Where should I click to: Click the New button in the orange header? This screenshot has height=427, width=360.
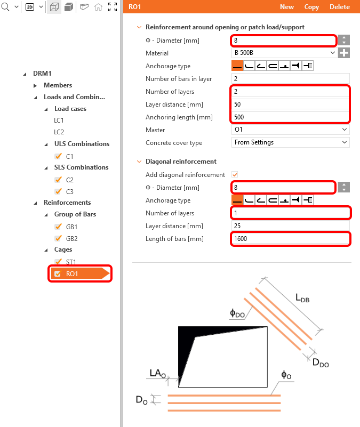(286, 7)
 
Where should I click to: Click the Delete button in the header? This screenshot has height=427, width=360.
(340, 7)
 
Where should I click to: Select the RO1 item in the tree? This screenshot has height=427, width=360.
(71, 274)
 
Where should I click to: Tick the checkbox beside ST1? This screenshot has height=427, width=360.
(58, 262)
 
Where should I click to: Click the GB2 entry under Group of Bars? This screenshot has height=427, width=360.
(71, 238)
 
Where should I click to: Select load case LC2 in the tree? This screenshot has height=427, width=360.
(59, 132)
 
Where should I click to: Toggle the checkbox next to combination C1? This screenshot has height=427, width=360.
(58, 156)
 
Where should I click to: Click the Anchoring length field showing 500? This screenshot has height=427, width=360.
(290, 117)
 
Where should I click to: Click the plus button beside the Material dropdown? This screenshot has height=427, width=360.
(345, 53)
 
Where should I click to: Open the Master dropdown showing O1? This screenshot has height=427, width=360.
(290, 130)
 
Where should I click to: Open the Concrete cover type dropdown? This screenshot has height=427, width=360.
(290, 142)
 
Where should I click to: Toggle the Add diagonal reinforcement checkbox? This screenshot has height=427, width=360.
(234, 175)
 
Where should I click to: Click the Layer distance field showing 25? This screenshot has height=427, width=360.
(290, 226)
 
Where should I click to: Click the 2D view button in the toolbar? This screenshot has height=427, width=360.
(30, 7)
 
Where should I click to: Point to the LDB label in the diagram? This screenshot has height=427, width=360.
(302, 299)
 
